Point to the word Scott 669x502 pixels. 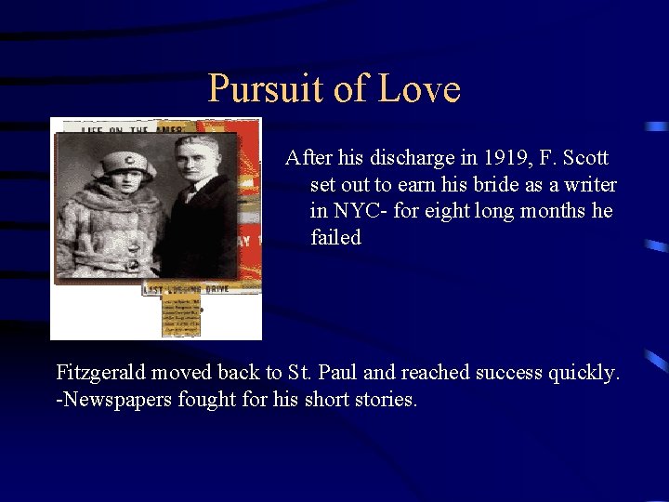click(x=584, y=158)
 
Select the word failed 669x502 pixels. click(x=335, y=238)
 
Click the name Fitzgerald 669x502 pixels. click(x=100, y=374)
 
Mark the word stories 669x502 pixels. click(x=384, y=401)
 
